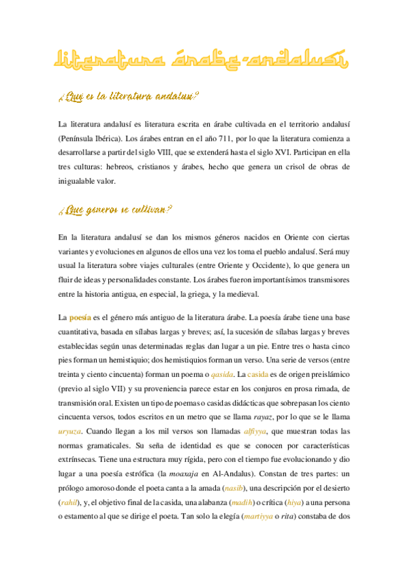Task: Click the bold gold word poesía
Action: (81, 317)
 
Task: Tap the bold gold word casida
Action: (257, 374)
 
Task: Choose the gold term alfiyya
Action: (255, 431)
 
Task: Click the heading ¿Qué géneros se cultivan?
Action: (114, 211)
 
